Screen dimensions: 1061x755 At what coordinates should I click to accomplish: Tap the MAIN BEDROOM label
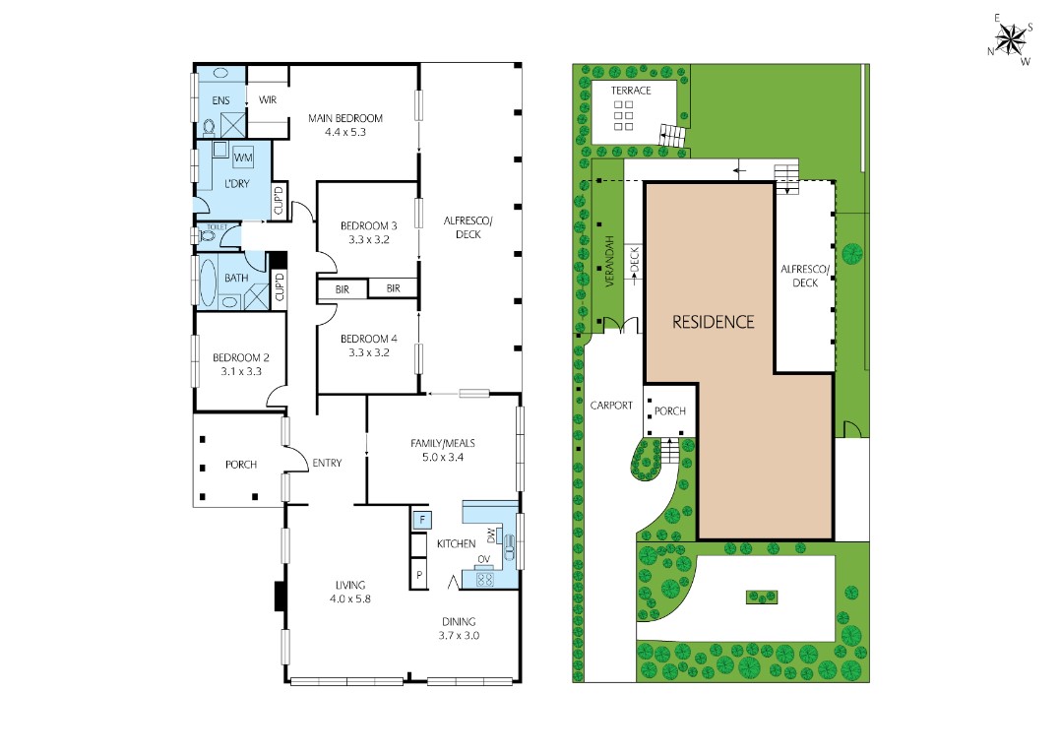(x=345, y=118)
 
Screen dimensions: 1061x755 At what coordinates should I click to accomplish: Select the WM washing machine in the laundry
(x=243, y=157)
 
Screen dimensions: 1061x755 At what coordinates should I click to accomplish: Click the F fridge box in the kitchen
(x=421, y=520)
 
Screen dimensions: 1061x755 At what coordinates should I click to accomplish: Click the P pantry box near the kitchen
(x=419, y=575)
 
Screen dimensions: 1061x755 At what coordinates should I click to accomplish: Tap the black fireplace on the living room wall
(x=279, y=596)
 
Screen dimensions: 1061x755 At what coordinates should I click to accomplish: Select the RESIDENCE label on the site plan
(x=713, y=322)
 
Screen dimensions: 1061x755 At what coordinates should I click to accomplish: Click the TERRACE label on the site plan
(x=631, y=91)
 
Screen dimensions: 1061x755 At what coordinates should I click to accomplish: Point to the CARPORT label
(x=611, y=406)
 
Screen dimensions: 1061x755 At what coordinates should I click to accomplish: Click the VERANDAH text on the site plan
(x=609, y=262)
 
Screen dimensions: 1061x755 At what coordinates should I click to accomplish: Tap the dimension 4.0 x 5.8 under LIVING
(x=349, y=598)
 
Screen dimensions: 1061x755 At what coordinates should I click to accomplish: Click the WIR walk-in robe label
(x=268, y=100)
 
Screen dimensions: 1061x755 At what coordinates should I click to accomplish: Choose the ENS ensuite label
(x=220, y=100)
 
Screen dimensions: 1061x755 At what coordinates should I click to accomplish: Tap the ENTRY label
(x=327, y=464)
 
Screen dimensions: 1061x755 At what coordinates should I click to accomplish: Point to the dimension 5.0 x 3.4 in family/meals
(x=443, y=458)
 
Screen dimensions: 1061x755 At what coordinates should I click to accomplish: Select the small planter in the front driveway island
(x=762, y=597)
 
